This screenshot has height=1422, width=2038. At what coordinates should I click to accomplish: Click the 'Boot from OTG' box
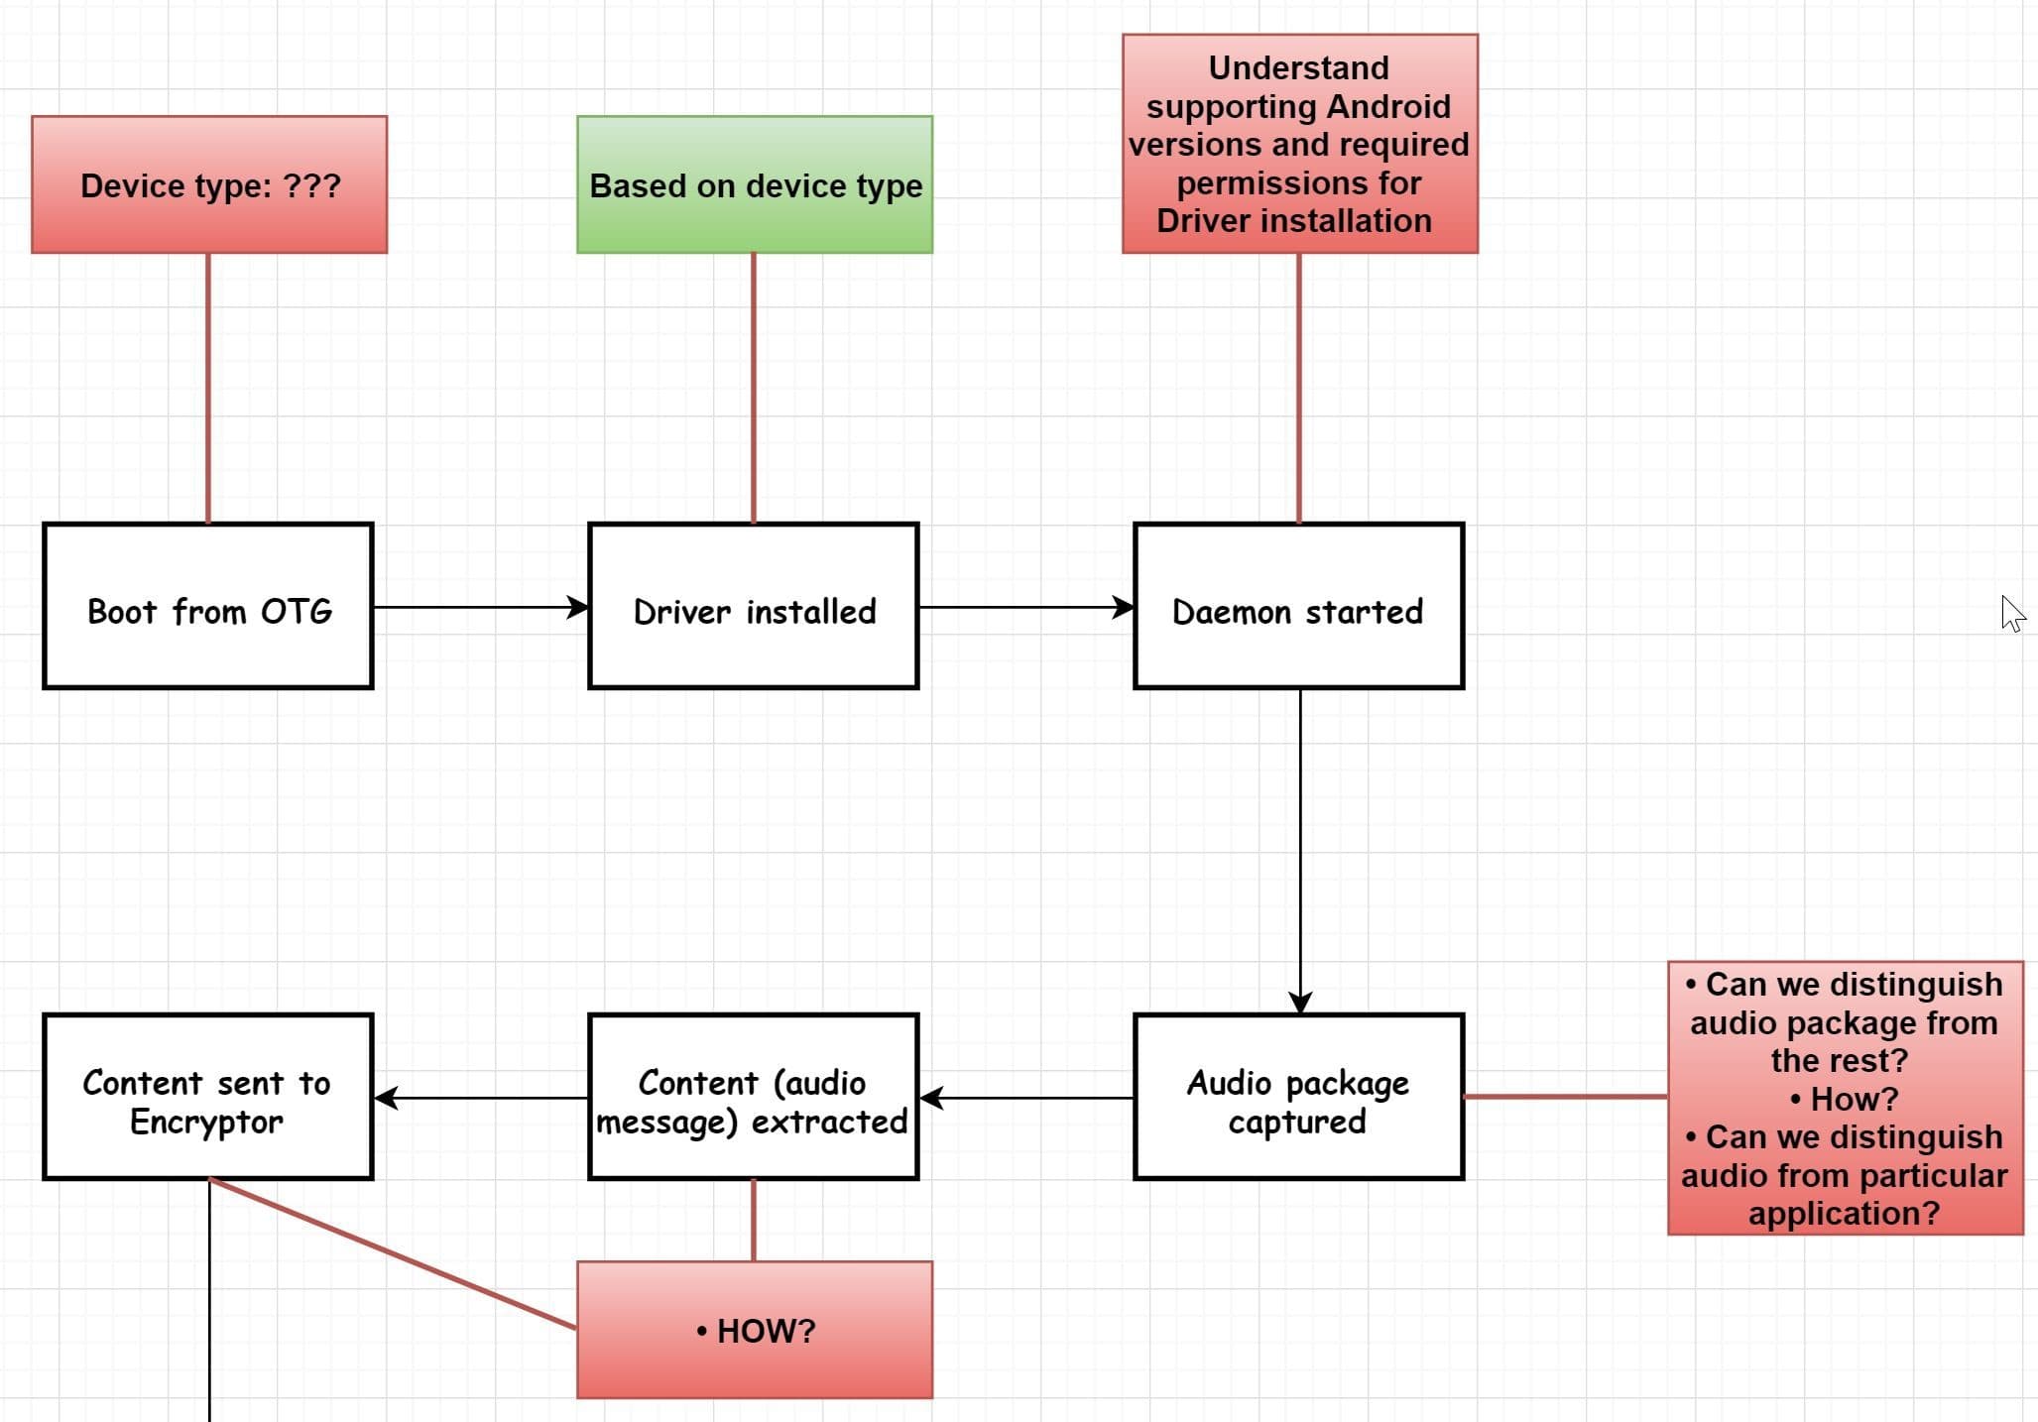(x=208, y=605)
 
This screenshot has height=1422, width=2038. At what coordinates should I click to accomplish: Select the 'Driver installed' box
(x=754, y=605)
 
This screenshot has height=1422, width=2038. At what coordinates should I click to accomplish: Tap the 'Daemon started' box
(x=1298, y=605)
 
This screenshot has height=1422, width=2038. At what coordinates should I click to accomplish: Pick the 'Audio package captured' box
(x=1298, y=1097)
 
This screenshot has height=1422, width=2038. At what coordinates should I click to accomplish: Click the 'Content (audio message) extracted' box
(x=754, y=1097)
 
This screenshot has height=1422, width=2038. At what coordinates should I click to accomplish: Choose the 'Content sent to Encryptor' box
(x=208, y=1097)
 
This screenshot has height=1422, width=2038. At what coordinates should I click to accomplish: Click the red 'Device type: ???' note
(x=209, y=184)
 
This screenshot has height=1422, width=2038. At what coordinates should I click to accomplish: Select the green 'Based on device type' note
(x=755, y=184)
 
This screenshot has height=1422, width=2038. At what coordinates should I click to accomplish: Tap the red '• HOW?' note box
(x=755, y=1330)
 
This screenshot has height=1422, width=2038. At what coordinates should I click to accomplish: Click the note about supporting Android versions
(x=1299, y=144)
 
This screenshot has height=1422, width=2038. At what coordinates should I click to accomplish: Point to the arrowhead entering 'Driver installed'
(x=578, y=607)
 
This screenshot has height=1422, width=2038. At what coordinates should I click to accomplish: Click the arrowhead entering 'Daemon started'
(x=1124, y=607)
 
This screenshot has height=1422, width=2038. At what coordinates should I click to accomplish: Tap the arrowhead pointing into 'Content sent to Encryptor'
(x=386, y=1098)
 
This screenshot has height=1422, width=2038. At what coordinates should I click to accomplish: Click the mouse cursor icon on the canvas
(x=2011, y=614)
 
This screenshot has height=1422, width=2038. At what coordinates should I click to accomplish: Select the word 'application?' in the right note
(x=1844, y=1213)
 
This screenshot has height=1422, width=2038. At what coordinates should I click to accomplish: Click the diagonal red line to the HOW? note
(x=392, y=1253)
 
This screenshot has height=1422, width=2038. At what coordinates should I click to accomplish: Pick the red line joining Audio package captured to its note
(x=1565, y=1097)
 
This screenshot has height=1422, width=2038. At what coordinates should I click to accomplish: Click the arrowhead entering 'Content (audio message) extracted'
(x=931, y=1098)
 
